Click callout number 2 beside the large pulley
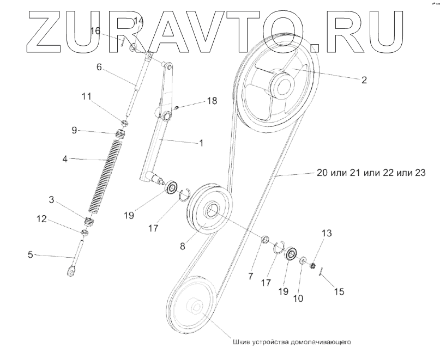pyautogui.click(x=364, y=80)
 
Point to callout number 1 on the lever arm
pyautogui.click(x=201, y=143)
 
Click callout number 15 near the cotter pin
pyautogui.click(x=339, y=292)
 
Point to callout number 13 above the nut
pyautogui.click(x=327, y=233)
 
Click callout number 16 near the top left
pyautogui.click(x=95, y=32)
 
